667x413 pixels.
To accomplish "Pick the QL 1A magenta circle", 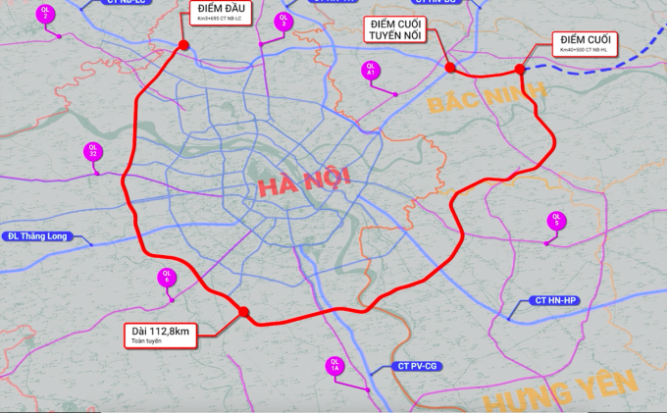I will coord(335,367).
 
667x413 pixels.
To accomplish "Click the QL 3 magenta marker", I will coord(283,20).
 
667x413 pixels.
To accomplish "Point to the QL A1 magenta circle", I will coord(370,70).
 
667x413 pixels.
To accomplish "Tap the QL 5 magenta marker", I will coord(556,221).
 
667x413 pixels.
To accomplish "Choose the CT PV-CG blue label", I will coord(417,366).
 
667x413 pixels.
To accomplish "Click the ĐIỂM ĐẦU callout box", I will coord(217,13).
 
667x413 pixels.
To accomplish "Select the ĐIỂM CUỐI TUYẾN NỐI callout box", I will coord(398,29).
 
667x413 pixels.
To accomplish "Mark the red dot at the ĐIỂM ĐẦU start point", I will coord(183,45).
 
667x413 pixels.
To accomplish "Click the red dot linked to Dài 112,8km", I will coord(244,312).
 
